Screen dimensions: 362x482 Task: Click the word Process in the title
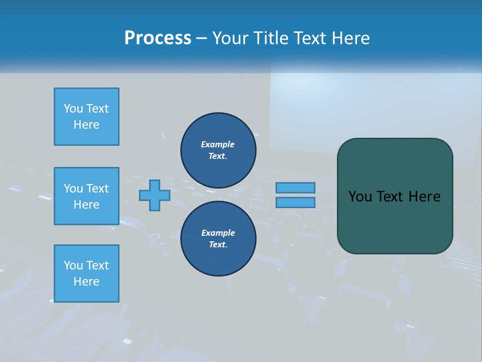pyautogui.click(x=158, y=38)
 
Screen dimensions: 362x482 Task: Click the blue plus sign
pyautogui.click(x=154, y=195)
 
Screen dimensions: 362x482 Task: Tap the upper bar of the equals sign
pyautogui.click(x=295, y=188)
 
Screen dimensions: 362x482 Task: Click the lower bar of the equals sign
pyautogui.click(x=295, y=203)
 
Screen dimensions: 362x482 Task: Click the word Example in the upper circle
pyautogui.click(x=217, y=144)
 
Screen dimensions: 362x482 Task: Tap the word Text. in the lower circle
pyautogui.click(x=218, y=244)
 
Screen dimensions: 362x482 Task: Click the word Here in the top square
pyautogui.click(x=86, y=125)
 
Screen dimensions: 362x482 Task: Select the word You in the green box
pyautogui.click(x=360, y=197)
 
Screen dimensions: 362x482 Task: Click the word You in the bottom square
pyautogui.click(x=73, y=265)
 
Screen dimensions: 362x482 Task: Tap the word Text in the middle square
pyautogui.click(x=97, y=189)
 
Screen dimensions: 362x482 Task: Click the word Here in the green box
pyautogui.click(x=424, y=197)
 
